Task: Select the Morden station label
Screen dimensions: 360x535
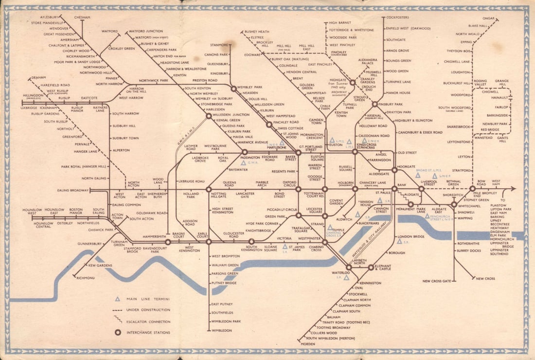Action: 308,344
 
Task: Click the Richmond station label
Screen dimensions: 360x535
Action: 86,278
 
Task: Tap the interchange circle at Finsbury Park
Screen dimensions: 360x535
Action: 374,104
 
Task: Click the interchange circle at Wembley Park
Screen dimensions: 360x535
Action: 233,89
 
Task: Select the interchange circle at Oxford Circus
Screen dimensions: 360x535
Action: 298,189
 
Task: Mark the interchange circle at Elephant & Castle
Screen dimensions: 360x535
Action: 371,267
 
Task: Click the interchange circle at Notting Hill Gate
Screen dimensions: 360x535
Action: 208,189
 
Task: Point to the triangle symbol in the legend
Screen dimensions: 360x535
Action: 117,299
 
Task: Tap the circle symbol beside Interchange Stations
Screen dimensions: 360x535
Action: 117,333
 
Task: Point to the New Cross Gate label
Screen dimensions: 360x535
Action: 437,281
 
